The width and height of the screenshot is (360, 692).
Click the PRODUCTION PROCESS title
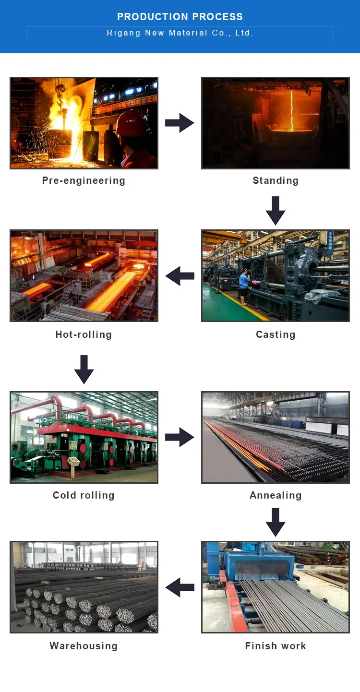180,17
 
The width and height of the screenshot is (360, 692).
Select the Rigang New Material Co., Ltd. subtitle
180,33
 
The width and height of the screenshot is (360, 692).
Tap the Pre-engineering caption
84,181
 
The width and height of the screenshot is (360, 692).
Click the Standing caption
276,180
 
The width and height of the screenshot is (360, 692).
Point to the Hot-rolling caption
84,334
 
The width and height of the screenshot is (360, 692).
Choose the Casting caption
276,334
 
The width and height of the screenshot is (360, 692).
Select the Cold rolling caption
84,495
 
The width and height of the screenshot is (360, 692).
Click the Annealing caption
276,496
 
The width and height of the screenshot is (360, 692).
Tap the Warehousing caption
84,646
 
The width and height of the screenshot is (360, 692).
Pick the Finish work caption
276,646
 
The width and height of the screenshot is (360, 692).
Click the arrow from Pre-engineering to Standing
180,123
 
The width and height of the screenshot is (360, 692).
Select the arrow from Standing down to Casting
276,211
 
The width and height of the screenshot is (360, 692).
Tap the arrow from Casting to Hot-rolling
180,276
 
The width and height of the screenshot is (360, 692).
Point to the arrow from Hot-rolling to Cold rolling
84,370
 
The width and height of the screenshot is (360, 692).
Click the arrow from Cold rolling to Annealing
180,437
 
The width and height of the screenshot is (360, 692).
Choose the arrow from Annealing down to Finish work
276,522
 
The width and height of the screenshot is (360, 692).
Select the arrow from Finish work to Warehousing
180,587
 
